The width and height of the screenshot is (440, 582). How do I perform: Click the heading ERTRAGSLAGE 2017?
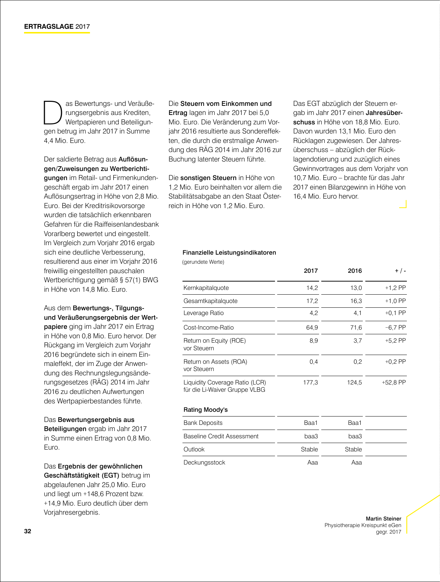click(57, 27)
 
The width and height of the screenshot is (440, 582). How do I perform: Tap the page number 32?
click(28, 531)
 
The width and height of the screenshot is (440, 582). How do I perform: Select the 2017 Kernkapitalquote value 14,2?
click(312, 288)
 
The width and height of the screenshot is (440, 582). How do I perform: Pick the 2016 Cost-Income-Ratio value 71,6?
click(356, 327)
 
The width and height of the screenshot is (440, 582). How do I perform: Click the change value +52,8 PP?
click(393, 382)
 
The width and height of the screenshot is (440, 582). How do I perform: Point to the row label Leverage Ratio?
click(203, 313)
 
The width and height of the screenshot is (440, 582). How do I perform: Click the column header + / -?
click(400, 271)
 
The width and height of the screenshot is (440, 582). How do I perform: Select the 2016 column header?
click(354, 271)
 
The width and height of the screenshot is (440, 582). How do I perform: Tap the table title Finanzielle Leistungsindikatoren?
click(229, 252)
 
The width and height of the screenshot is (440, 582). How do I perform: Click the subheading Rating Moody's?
click(205, 410)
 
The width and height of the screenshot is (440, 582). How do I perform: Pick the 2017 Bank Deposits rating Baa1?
click(311, 423)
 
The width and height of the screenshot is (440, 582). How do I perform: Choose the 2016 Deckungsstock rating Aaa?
click(356, 462)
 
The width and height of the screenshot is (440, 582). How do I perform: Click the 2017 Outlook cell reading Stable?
click(309, 449)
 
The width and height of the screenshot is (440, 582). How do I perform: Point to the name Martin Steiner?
click(383, 519)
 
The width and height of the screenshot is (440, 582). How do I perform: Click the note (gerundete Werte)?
click(203, 262)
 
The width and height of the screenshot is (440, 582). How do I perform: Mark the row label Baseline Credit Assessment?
click(221, 436)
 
